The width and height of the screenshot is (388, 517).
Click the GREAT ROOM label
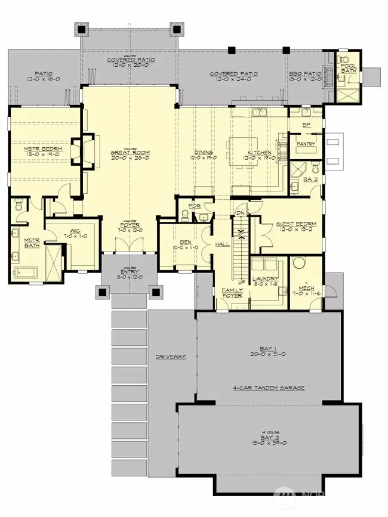click(130, 153)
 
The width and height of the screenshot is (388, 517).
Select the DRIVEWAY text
click(171, 357)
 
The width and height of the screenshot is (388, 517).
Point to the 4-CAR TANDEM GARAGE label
click(269, 388)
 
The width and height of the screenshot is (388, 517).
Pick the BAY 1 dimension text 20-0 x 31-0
click(269, 354)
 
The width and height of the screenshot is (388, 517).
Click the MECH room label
click(306, 289)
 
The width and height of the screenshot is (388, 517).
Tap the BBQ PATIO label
click(306, 74)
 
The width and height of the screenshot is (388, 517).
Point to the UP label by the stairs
click(242, 282)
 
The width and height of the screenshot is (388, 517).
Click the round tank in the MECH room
click(299, 264)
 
